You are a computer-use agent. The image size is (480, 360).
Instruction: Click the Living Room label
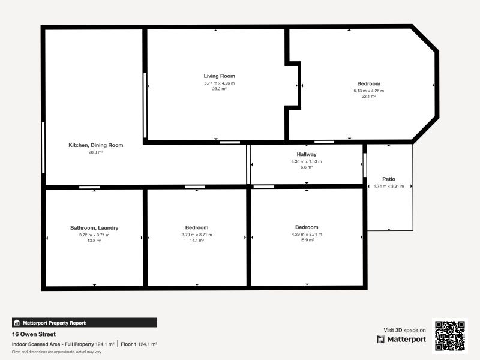coord(219,76)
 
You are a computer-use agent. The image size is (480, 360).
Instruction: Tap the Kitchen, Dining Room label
coord(95,145)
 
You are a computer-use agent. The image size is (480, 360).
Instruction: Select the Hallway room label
coord(306,154)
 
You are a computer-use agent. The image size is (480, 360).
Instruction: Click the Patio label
coord(389,179)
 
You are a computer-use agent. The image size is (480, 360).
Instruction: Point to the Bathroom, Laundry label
coord(94,228)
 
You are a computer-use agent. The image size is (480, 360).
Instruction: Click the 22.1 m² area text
coord(368,97)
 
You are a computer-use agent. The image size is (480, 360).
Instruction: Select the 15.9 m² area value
coord(306,241)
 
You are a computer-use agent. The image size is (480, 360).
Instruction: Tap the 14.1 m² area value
coord(197,241)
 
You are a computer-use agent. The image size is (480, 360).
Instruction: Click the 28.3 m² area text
coord(95,153)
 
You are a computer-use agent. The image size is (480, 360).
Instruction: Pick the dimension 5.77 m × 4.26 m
coord(219,83)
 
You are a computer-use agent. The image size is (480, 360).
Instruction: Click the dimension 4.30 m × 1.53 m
coord(306,161)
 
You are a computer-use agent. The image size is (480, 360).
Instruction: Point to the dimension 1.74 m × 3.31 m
coord(389,187)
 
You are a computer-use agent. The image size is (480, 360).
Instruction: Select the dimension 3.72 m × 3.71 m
coord(94,235)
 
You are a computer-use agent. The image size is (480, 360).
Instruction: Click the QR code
coord(449,336)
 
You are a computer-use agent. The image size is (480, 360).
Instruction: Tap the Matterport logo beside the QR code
coord(401,340)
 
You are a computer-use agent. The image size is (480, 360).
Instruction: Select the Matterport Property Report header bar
coord(85,323)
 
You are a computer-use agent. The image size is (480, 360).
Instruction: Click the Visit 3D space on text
coord(404,330)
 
